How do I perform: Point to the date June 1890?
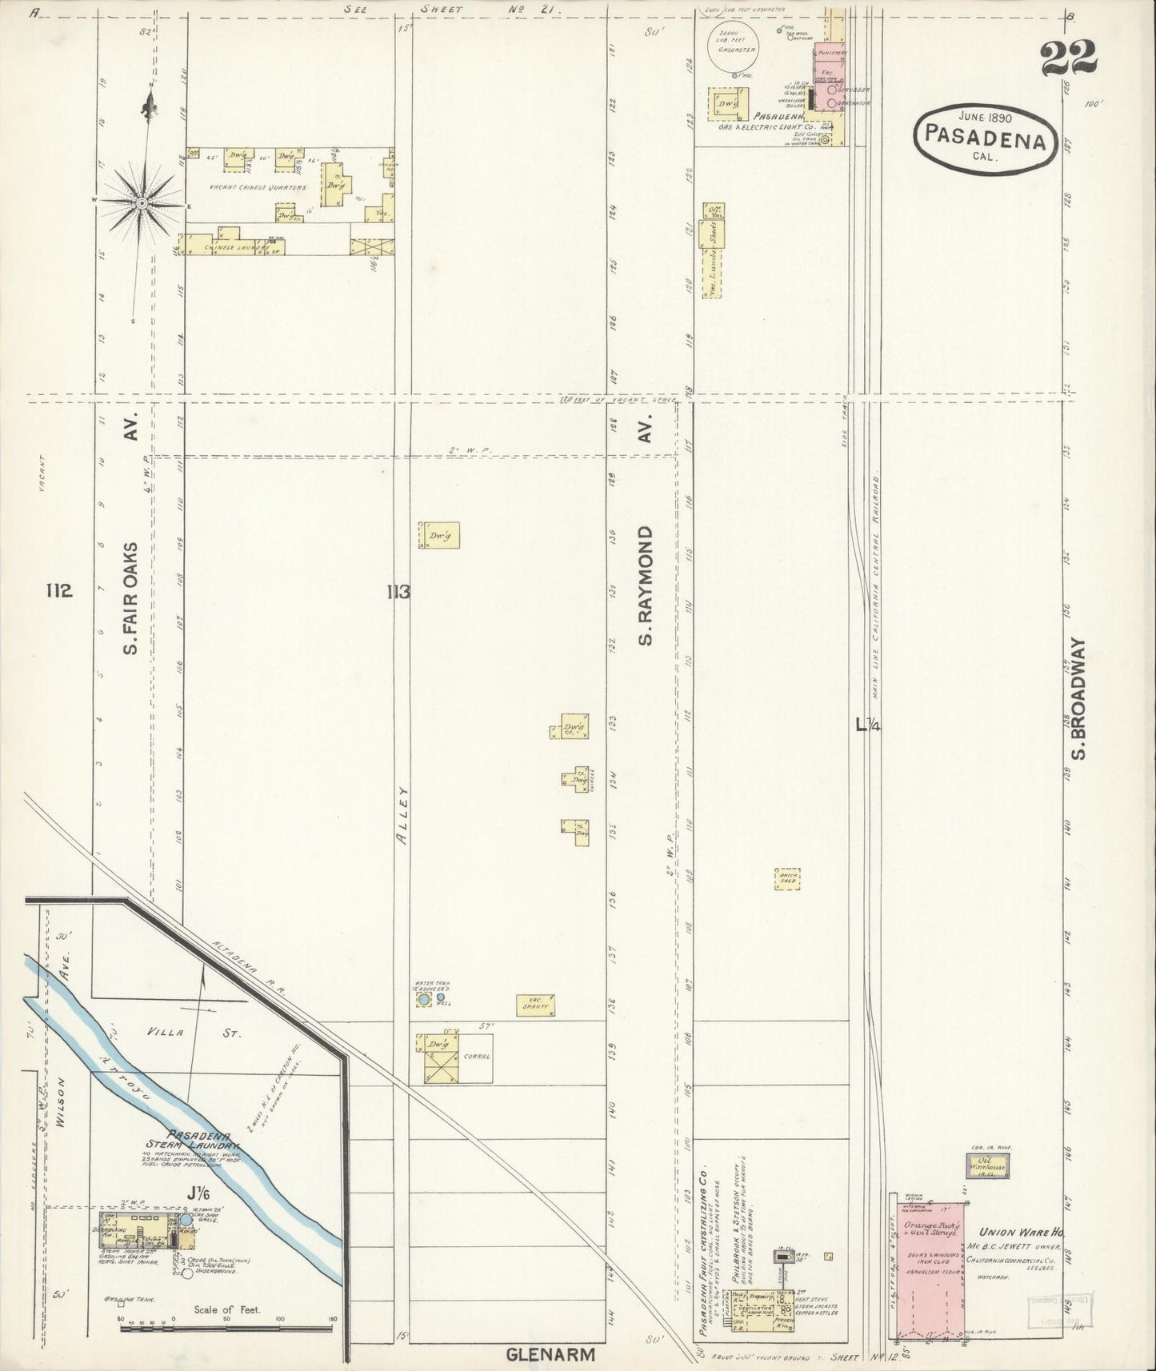pos(989,117)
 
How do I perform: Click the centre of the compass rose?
pos(142,203)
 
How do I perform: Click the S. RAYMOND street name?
pos(646,586)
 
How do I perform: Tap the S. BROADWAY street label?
pos(1078,699)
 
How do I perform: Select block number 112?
pos(59,591)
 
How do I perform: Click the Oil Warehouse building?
pos(989,1167)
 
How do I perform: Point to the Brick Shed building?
pos(786,879)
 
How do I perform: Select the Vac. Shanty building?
pos(535,1005)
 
